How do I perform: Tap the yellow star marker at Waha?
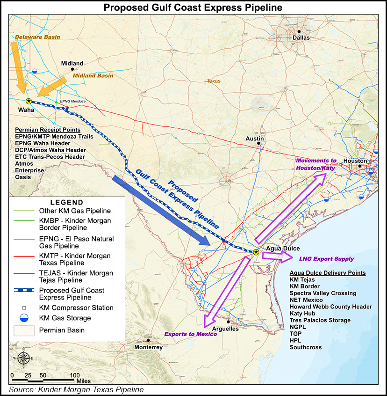click(x=29, y=101)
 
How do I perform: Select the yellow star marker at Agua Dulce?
click(x=255, y=252)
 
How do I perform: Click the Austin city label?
click(x=255, y=139)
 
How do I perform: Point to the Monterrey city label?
click(x=148, y=347)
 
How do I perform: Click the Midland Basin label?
click(x=93, y=75)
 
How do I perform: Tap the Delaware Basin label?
click(x=34, y=37)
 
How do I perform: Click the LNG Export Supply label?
click(x=326, y=258)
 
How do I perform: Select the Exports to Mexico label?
click(x=190, y=334)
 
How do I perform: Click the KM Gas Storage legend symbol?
click(x=25, y=318)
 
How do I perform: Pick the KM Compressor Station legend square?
click(x=25, y=308)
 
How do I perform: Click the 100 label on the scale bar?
click(x=75, y=375)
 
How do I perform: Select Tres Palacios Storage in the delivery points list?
click(x=320, y=320)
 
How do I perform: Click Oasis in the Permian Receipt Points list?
click(x=23, y=177)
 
